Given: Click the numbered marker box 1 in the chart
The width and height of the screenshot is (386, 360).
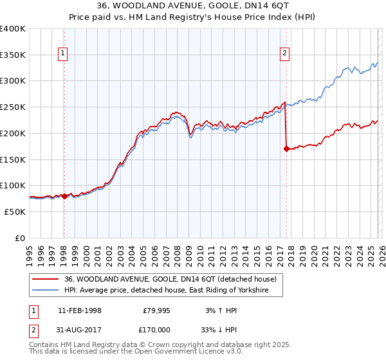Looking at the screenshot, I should coord(64,54).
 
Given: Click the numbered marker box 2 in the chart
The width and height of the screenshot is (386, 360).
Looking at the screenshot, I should coord(284,54).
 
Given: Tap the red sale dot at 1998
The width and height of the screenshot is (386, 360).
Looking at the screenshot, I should coord(64,196).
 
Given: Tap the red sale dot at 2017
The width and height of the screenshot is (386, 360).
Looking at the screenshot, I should coord(286,148).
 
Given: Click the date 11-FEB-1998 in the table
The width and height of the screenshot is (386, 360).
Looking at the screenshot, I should coord(79,310).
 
